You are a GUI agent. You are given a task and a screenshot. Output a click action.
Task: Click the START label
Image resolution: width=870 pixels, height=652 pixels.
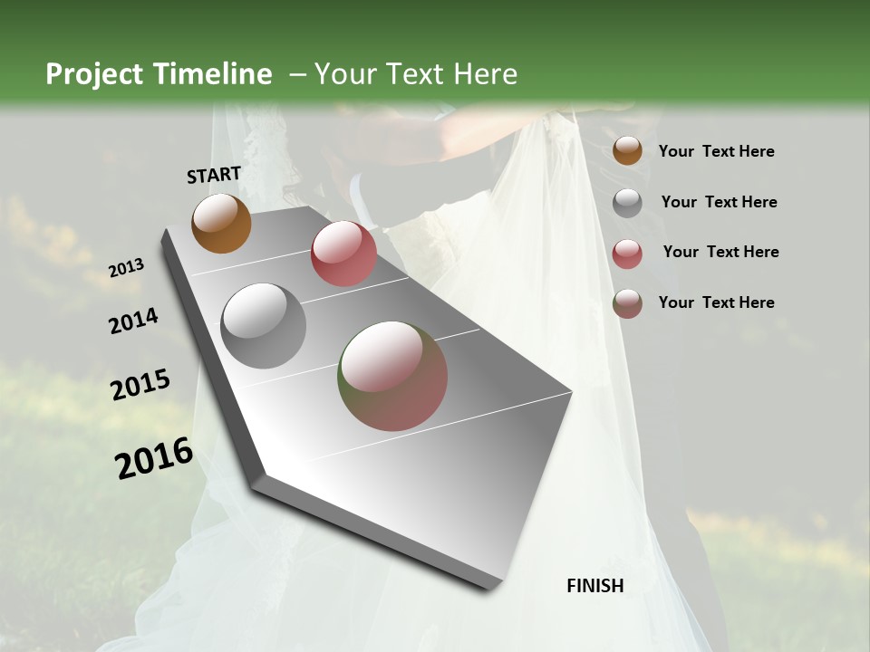point(214,175)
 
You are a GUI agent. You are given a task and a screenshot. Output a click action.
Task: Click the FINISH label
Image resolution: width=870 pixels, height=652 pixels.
point(594,586)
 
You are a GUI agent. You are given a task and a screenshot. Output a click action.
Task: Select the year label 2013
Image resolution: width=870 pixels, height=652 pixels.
point(126,268)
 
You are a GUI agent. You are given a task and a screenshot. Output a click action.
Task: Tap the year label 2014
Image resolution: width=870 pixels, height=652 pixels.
point(133,321)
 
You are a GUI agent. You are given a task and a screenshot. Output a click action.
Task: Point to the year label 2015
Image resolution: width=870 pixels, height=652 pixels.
point(140,385)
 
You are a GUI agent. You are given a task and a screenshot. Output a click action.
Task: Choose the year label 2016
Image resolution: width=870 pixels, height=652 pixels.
point(154,458)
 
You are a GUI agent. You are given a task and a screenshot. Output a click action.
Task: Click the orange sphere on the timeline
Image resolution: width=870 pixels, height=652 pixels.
point(221,223)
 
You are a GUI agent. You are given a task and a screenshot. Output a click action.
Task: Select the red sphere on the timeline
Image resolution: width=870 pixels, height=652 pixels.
point(343,254)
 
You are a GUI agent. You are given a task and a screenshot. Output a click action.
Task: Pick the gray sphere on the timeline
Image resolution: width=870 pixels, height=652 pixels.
point(264,326)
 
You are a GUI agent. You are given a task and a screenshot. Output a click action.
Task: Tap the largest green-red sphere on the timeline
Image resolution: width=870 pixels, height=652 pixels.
point(392,376)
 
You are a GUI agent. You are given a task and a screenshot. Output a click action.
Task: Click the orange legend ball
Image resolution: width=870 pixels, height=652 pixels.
point(627,151)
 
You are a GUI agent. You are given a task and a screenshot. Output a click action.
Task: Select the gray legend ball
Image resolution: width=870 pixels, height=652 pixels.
point(627,203)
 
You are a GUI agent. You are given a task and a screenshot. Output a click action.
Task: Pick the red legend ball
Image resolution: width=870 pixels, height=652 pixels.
point(627,254)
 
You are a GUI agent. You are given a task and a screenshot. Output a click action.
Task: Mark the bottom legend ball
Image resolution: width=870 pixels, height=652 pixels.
point(627,303)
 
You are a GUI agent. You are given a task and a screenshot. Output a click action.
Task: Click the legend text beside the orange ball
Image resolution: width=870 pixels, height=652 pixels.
point(716,151)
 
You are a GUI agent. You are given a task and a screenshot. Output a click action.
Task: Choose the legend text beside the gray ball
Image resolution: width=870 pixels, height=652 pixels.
point(719,202)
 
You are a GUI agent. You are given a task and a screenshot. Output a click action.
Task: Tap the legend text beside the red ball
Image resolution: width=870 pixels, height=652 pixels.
point(720,252)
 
